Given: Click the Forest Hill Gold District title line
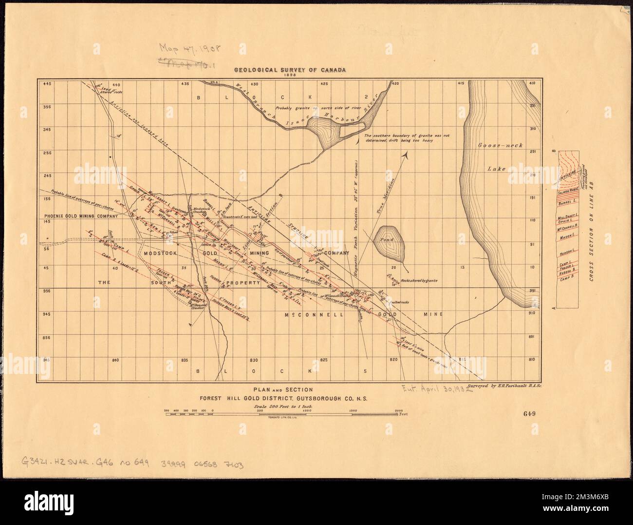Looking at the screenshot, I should tap(285, 398).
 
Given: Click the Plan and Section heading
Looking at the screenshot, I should tap(285, 389).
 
